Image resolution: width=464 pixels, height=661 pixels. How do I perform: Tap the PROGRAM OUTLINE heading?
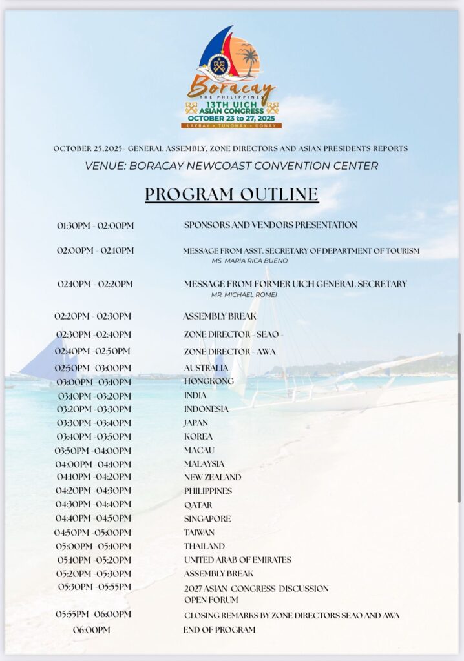tap(231, 194)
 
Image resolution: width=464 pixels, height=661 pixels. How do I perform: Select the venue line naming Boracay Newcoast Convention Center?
tap(231, 166)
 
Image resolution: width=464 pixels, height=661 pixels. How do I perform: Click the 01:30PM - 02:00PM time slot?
tap(95, 225)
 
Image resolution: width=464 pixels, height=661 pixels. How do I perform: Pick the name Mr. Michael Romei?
tap(244, 294)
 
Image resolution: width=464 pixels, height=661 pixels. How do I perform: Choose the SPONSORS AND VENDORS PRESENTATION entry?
tap(270, 225)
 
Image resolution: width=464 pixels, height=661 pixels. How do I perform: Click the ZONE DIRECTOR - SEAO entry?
tap(233, 334)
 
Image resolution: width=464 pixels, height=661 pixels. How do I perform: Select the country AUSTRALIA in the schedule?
tap(206, 368)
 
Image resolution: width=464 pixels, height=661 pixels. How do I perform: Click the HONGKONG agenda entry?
tap(209, 381)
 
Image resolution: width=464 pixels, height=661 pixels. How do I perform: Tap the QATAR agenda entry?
tap(198, 505)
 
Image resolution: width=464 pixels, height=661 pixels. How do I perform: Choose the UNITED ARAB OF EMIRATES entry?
tap(237, 560)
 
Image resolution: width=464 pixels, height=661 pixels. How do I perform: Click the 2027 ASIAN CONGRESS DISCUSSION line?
tap(256, 589)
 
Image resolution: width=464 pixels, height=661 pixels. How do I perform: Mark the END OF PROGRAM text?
tap(219, 629)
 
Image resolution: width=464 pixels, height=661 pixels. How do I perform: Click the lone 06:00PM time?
tap(92, 629)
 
